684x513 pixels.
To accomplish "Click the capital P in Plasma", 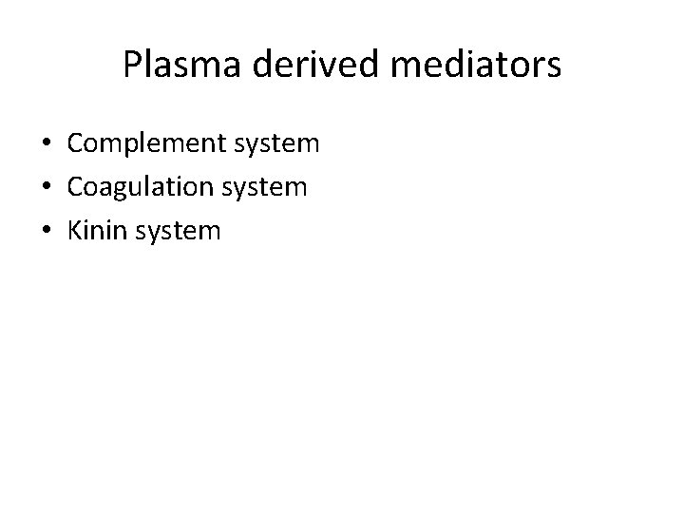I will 132,65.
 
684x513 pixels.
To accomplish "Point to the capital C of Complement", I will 76,144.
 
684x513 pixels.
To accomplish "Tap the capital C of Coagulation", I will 76,187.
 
